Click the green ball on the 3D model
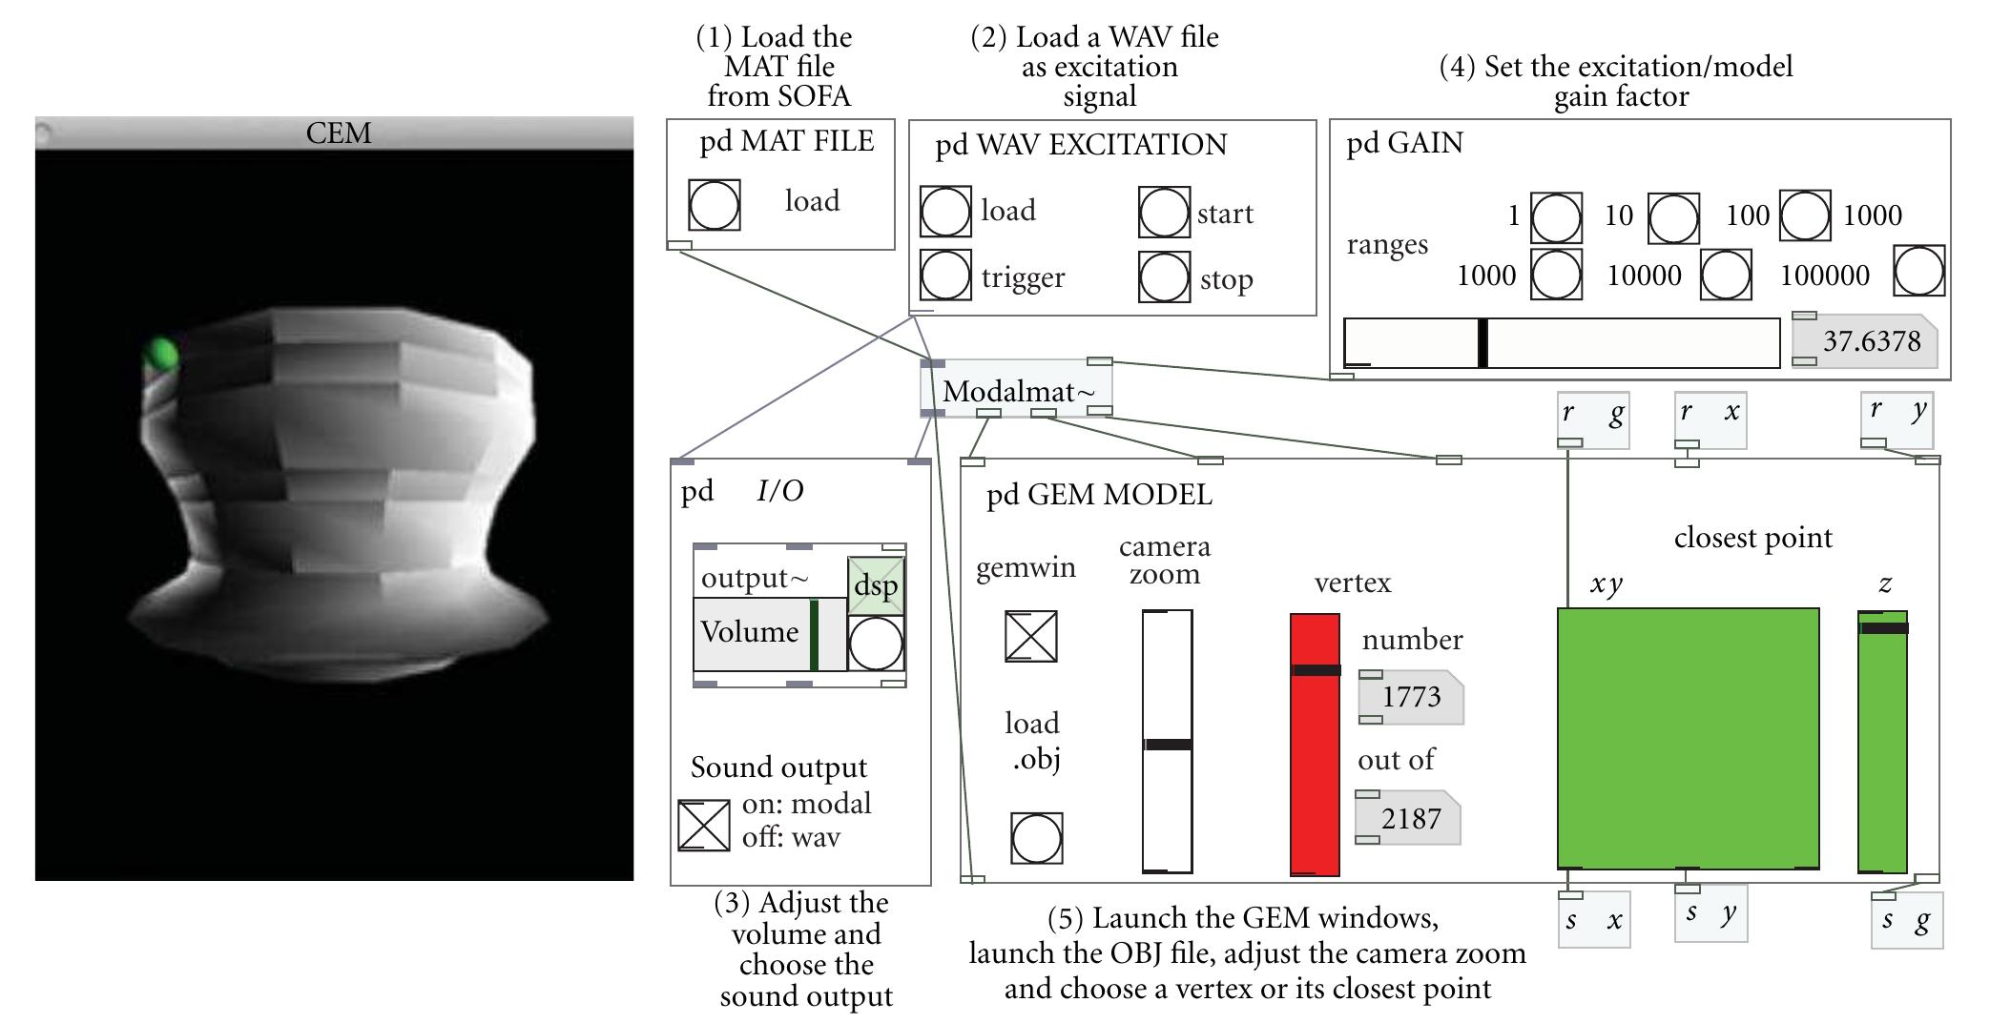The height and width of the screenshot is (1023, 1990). pyautogui.click(x=162, y=355)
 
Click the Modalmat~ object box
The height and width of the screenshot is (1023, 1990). pyautogui.click(x=1017, y=390)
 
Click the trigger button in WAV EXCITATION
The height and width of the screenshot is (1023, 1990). pyautogui.click(x=945, y=276)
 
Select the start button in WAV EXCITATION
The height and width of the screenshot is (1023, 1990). pyautogui.click(x=1164, y=213)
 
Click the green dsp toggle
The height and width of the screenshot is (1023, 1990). pyautogui.click(x=875, y=584)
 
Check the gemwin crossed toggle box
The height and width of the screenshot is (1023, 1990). pyautogui.click(x=1030, y=636)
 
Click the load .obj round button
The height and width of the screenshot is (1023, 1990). pyautogui.click(x=1036, y=838)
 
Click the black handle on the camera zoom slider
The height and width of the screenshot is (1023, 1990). pyautogui.click(x=1167, y=744)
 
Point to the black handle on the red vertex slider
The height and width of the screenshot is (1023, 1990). pyautogui.click(x=1315, y=670)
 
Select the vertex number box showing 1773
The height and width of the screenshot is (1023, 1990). pyautogui.click(x=1411, y=697)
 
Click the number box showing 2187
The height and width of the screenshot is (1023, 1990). pyautogui.click(x=1410, y=818)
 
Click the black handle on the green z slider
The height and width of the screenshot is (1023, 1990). pyautogui.click(x=1883, y=628)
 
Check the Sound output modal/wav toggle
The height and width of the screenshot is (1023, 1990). pyautogui.click(x=703, y=826)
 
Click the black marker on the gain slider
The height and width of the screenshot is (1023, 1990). pyautogui.click(x=1482, y=342)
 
